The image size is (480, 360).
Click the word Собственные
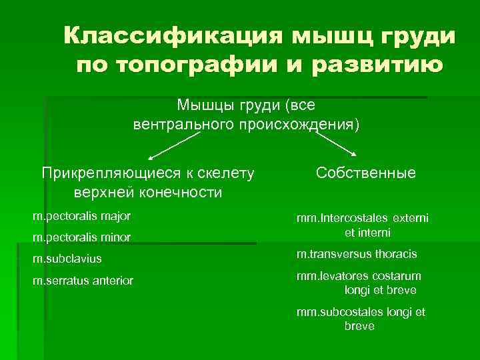[x=366, y=173]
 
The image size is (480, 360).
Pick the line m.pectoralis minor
[x=82, y=237]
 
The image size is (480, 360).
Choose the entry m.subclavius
[x=72, y=259]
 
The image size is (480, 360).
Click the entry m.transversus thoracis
[x=357, y=254]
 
